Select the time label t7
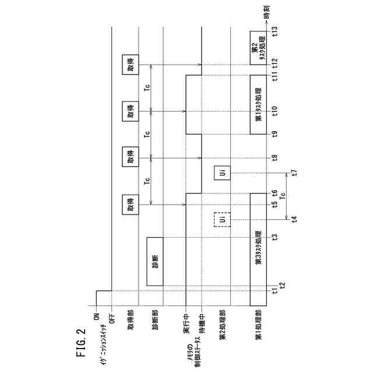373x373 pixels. pos(294,173)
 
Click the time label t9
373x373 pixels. pos(275,134)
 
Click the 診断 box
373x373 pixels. pos(155,261)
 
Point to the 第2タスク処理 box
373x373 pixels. pos(258,48)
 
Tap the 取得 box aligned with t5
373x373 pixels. pos(130,205)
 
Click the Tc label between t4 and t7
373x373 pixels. pos(283,196)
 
